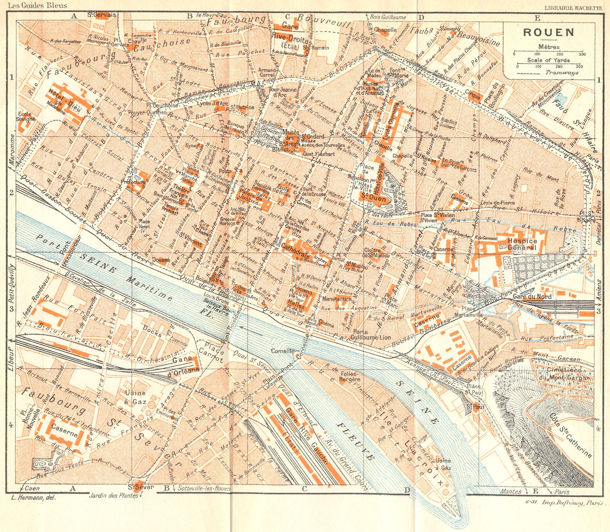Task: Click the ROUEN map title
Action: [x=549, y=32]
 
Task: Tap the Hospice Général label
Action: [x=522, y=244]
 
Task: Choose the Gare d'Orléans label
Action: [x=186, y=365]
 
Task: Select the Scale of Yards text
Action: [x=548, y=60]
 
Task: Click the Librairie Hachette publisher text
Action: [x=573, y=8]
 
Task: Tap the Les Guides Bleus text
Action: [x=37, y=5]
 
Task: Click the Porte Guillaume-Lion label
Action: [x=366, y=335]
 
